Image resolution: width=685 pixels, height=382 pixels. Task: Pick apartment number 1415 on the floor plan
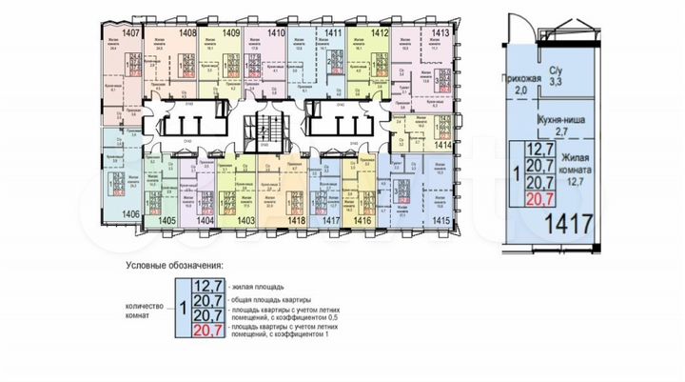pyautogui.click(x=440, y=219)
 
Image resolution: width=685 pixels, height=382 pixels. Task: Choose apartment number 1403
pyautogui.click(x=246, y=219)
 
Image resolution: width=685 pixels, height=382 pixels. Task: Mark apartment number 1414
pyautogui.click(x=440, y=146)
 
